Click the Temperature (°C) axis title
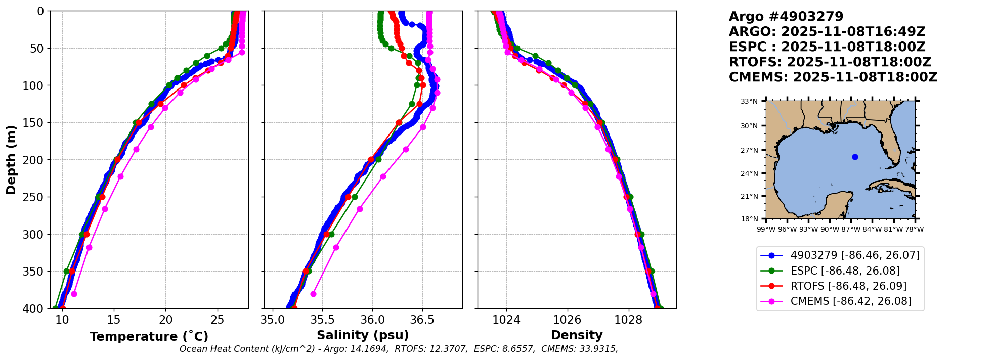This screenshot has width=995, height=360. coord(149,337)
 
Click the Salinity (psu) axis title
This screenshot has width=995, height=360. coord(363,335)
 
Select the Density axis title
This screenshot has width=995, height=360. coord(577,335)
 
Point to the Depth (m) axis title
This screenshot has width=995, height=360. coord(11,160)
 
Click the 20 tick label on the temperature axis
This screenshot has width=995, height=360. coord(166,320)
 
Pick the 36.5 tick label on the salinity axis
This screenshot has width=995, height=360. coord(422,320)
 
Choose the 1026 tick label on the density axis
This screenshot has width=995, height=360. coord(567,320)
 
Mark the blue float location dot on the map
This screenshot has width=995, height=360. coord(855,157)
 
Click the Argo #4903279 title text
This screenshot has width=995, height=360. coord(786,17)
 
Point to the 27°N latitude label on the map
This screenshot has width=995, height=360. coord(749,150)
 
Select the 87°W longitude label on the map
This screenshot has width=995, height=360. coord(851,229)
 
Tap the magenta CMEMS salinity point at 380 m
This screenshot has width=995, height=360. coord(313,294)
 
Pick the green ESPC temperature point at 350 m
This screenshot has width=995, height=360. coord(66,272)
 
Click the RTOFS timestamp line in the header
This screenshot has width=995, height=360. coord(830,62)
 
